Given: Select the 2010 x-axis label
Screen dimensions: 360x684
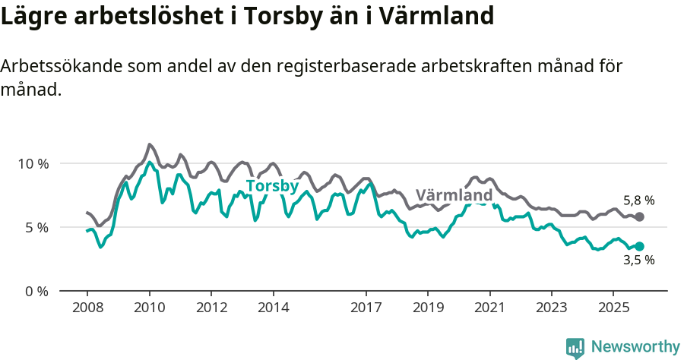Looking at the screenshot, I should [x=149, y=308].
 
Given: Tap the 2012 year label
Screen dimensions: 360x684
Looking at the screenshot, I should [x=211, y=308].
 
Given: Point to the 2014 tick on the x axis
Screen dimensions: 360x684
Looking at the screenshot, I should [x=274, y=308].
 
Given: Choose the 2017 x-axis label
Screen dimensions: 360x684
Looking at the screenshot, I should [x=366, y=308].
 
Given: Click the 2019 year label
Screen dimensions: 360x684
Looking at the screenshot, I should [x=428, y=308].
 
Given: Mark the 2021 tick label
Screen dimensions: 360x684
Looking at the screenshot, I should [x=490, y=308].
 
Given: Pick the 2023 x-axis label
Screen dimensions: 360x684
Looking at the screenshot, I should [x=552, y=308].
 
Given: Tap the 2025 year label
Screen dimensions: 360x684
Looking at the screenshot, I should [x=614, y=308].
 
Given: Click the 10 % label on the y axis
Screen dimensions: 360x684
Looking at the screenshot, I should [x=33, y=163].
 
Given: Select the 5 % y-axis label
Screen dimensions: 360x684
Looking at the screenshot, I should [x=36, y=227].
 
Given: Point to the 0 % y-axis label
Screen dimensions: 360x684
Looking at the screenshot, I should [x=36, y=291].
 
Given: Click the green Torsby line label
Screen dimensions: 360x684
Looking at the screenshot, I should [x=272, y=186].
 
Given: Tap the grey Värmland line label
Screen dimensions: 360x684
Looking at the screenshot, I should [x=454, y=195].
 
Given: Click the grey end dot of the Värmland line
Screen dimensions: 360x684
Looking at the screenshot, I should [x=640, y=217].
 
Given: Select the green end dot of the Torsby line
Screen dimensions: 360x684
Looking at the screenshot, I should [x=640, y=246].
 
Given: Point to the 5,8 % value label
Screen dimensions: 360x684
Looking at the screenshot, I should [x=638, y=201].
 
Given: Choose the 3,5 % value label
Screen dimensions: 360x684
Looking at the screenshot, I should [x=638, y=261].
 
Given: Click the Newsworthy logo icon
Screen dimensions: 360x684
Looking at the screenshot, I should [x=575, y=347].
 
